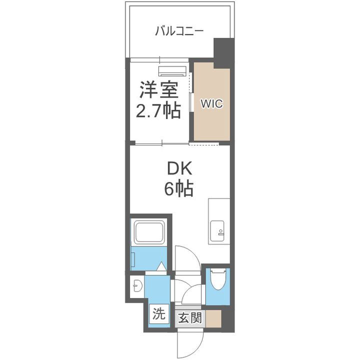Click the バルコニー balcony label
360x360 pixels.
click(x=179, y=31)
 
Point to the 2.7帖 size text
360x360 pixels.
click(x=158, y=111)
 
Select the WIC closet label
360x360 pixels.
click(x=211, y=104)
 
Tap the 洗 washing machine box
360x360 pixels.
click(x=158, y=314)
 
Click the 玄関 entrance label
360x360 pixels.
click(x=190, y=318)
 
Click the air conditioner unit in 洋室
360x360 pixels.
click(x=172, y=70)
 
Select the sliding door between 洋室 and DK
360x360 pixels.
click(x=160, y=143)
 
